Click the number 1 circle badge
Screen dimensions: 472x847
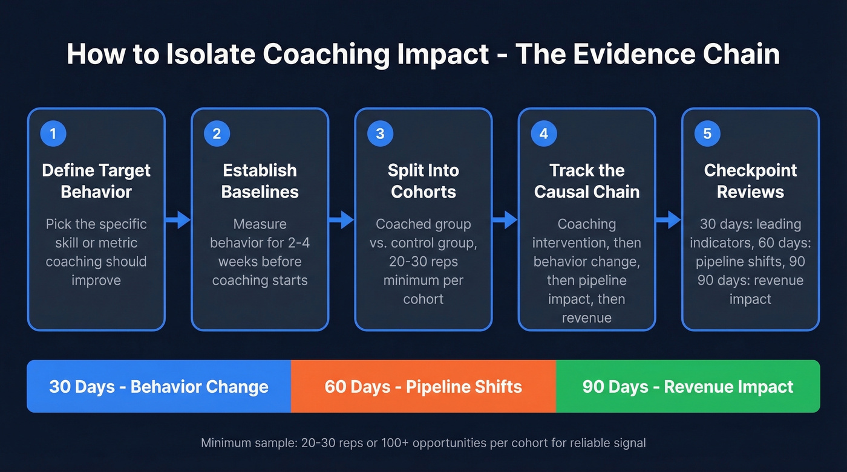pos(53,134)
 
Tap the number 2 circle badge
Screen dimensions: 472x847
pos(217,134)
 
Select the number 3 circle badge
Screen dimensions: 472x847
pos(380,134)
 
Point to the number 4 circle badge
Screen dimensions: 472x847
pos(543,134)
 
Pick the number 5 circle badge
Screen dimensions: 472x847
pos(707,134)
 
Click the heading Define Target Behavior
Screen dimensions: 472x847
pos(96,181)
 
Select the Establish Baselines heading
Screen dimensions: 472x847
pos(260,181)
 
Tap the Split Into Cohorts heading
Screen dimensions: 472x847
pos(423,181)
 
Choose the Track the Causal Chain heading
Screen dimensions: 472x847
pos(587,181)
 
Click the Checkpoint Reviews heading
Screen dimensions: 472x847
pos(750,181)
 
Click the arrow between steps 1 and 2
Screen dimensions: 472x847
pos(178,220)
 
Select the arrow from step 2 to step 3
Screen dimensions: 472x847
pos(342,220)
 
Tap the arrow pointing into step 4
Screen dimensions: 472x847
pos(505,220)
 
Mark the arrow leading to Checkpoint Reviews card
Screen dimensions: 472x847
pos(669,220)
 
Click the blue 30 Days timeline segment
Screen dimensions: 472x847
pos(159,387)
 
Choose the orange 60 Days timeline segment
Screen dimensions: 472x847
pos(423,387)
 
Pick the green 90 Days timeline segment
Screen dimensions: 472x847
pos(687,387)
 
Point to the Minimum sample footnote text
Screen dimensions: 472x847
pos(423,443)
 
